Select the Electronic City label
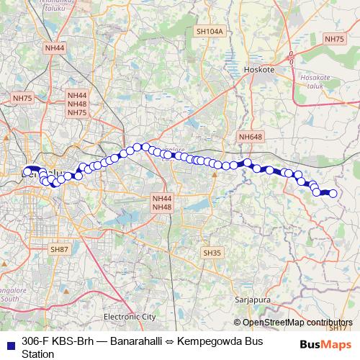coord(130,316)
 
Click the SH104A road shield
coord(210,32)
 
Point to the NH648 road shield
coord(252,136)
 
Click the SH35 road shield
coord(212,253)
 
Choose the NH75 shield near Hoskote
coord(334,39)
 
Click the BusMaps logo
coord(326,344)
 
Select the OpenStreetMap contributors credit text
coord(297,323)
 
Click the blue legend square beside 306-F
coord(10,342)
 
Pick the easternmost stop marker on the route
coord(333,192)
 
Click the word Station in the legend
coord(38,354)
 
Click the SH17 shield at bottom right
coord(337,328)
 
